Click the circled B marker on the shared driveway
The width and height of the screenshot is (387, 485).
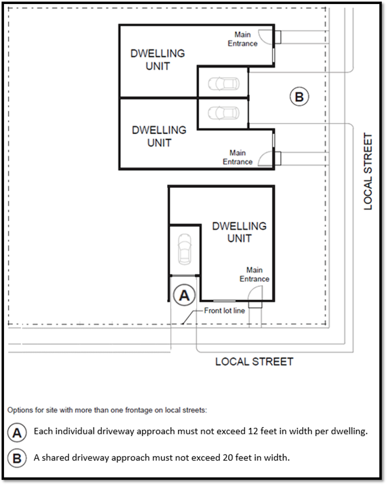click(299, 97)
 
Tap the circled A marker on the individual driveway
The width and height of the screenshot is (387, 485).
click(184, 295)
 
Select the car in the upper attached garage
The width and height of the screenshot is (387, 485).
click(223, 84)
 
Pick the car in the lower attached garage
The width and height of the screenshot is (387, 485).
click(223, 113)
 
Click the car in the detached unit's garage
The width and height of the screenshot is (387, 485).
click(185, 249)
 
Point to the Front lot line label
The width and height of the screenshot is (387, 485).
click(224, 311)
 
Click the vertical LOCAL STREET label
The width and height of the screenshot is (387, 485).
click(368, 172)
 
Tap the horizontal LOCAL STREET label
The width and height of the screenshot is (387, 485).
click(254, 362)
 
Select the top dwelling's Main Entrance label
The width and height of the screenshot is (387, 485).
click(242, 39)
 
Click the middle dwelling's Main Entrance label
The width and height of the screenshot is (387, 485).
click(238, 157)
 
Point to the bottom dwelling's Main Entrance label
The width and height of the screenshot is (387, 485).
click(254, 275)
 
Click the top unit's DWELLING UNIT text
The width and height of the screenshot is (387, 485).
click(158, 60)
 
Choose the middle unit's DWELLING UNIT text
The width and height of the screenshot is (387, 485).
click(159, 136)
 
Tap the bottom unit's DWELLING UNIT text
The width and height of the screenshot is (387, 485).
click(239, 232)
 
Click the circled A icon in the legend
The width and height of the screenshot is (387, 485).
click(17, 433)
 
